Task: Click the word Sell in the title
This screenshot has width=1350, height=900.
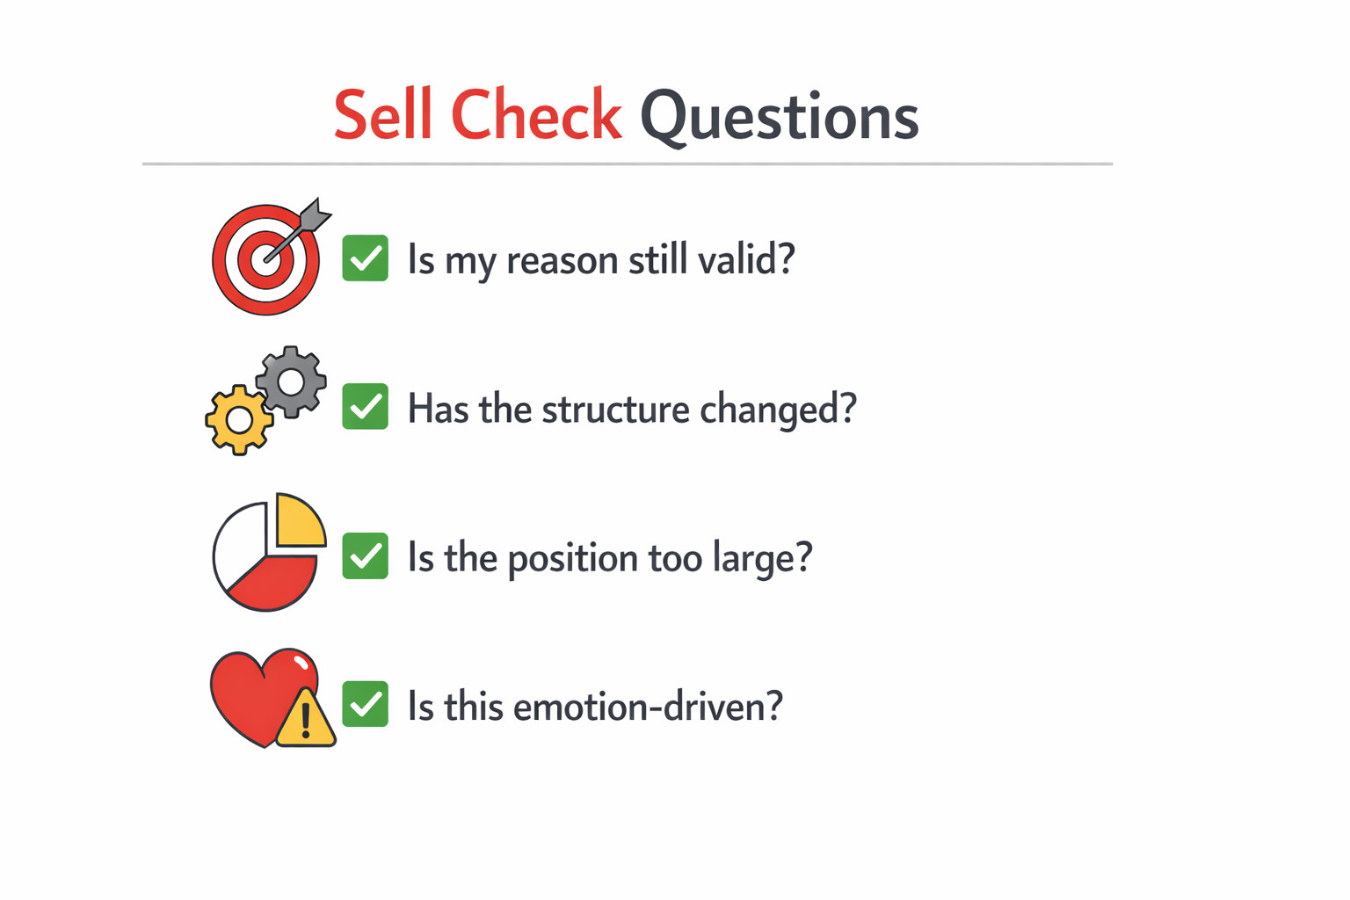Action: [383, 113]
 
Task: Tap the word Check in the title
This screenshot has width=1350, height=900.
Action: [536, 113]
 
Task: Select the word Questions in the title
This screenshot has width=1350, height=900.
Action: [780, 118]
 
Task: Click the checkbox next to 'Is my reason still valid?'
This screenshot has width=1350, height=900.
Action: [366, 258]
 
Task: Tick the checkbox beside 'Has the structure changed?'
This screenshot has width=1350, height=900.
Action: [366, 406]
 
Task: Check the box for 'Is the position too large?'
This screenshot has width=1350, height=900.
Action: [366, 555]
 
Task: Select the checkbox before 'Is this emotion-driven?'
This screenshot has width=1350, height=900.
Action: [366, 704]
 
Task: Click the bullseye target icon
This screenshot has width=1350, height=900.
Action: [265, 259]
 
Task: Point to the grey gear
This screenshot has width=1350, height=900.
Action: [291, 381]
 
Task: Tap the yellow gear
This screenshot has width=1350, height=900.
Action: [239, 420]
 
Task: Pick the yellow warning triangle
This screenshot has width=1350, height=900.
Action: [306, 719]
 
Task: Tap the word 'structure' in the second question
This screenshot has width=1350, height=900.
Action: [616, 409]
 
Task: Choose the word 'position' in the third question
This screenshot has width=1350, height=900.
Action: [572, 559]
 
